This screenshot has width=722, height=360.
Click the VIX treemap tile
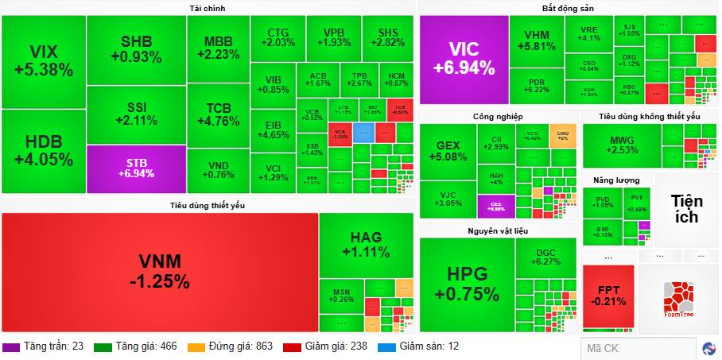point(43,61)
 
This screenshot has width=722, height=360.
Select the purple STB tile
point(136,168)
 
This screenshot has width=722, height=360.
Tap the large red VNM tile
point(160,271)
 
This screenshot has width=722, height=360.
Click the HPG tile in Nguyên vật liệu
point(467,284)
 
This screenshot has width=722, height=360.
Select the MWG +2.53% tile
point(622,145)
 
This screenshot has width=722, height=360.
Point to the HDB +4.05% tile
point(43,150)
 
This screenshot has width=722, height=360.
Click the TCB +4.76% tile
point(218,115)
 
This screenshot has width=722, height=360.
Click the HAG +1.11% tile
point(366,245)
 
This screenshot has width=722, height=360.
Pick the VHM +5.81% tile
point(537,41)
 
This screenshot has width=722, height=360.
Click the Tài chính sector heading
point(208,8)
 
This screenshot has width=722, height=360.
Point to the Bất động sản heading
point(569,8)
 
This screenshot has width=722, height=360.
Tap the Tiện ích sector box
point(685,207)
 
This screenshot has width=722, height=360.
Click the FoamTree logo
point(679,299)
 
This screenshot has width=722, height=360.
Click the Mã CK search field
point(639,348)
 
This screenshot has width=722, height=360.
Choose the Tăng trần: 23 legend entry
point(45,346)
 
